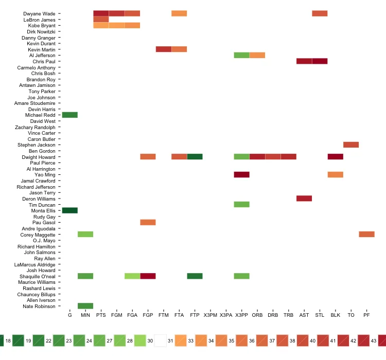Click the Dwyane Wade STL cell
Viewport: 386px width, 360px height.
pos(320,13)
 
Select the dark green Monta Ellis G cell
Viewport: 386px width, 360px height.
pos(70,210)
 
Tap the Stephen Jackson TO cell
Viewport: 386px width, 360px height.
pos(351,145)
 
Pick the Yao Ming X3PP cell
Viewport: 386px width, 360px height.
pos(242,175)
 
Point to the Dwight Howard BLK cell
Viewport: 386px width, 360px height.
pos(335,157)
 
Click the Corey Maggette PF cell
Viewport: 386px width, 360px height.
pos(366,235)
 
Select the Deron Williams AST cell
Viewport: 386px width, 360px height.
pos(304,199)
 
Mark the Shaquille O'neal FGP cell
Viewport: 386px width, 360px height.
pos(148,276)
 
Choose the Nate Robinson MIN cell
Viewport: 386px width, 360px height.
pos(85,306)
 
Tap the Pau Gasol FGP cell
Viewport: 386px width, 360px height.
pos(148,222)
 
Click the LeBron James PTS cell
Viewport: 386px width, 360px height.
pos(101,20)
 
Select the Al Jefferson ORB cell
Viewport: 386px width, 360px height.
pos(257,55)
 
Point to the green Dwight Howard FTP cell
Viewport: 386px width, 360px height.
pos(195,157)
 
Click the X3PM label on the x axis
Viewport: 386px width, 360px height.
pos(210,315)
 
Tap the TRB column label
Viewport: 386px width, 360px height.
pos(288,315)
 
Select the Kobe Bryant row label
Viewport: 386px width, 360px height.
pos(42,25)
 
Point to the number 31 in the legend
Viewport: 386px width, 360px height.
pos(170,340)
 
